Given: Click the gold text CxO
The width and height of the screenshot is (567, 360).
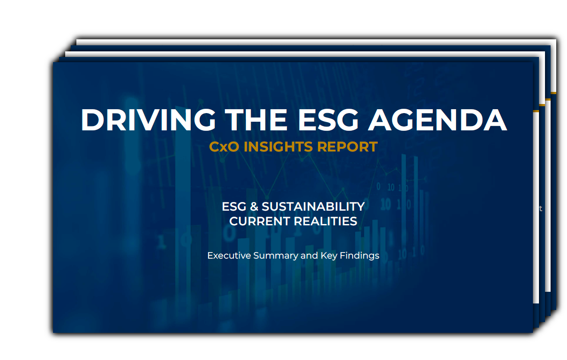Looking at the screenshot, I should pyautogui.click(x=224, y=147).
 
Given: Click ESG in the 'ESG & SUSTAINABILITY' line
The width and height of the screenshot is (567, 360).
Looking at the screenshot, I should pyautogui.click(x=234, y=206).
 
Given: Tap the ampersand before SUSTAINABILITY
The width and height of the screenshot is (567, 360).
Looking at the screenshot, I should pyautogui.click(x=254, y=206).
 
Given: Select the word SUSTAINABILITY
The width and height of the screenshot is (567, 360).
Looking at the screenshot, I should pyautogui.click(x=313, y=206).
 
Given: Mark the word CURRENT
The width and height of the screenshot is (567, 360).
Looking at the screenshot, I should pyautogui.click(x=259, y=221).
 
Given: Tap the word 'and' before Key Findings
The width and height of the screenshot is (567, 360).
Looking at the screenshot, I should pyautogui.click(x=309, y=256).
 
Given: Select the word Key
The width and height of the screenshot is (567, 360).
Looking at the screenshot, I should pyautogui.click(x=328, y=256).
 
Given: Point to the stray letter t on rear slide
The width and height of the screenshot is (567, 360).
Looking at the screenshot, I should pyautogui.click(x=540, y=209).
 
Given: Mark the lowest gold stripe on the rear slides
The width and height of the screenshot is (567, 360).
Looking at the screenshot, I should pyautogui.click(x=536, y=111).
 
